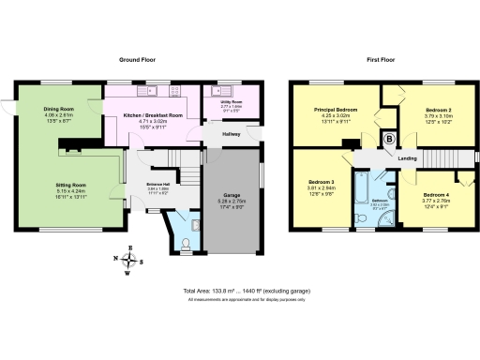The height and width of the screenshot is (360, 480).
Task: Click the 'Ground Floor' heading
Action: [136, 59]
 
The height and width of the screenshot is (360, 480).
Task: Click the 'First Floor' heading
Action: [380, 59]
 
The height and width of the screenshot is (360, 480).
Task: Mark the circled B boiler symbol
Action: [390, 140]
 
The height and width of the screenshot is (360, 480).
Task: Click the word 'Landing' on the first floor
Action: [407, 158]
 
